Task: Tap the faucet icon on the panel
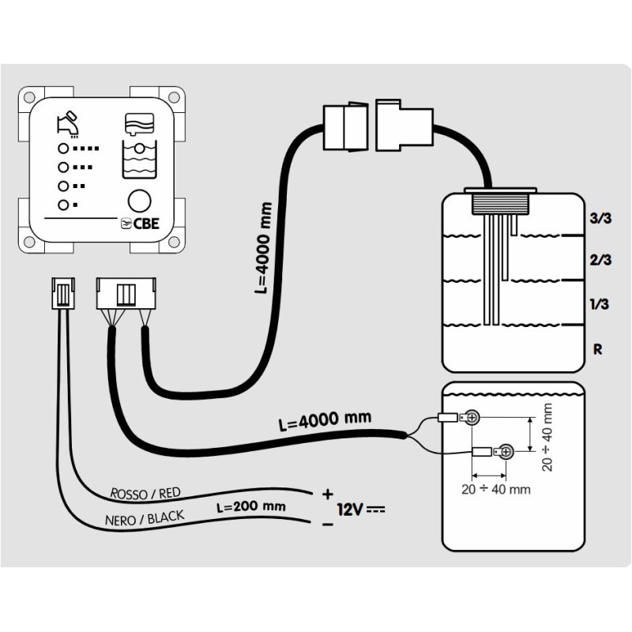tap(68, 122)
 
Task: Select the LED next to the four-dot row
tap(59, 149)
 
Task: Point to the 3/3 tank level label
tap(600, 220)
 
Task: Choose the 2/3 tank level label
tap(600, 260)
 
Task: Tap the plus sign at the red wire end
tap(327, 494)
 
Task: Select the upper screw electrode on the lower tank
tap(472, 417)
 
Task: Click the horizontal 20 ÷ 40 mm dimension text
tap(495, 488)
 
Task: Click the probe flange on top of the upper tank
tap(501, 192)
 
